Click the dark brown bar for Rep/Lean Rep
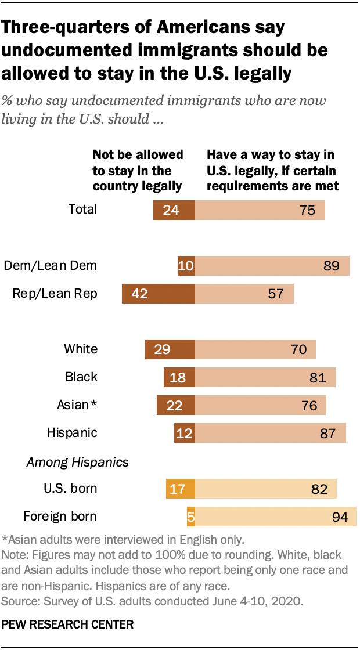pos(158,293)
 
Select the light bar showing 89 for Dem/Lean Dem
pos(272,266)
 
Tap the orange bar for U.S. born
pos(180,488)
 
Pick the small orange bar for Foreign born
pos(190,516)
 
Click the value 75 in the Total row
pos(307,210)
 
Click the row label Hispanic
pos(72,432)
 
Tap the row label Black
pos(81,377)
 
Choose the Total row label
pos(82,210)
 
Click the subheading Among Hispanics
pos(77,463)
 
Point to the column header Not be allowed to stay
pos(138,171)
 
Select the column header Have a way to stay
pos(272,171)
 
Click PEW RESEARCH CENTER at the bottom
pos(68,624)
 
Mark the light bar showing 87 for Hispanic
pos(270,432)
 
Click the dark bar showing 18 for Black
pos(179,377)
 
